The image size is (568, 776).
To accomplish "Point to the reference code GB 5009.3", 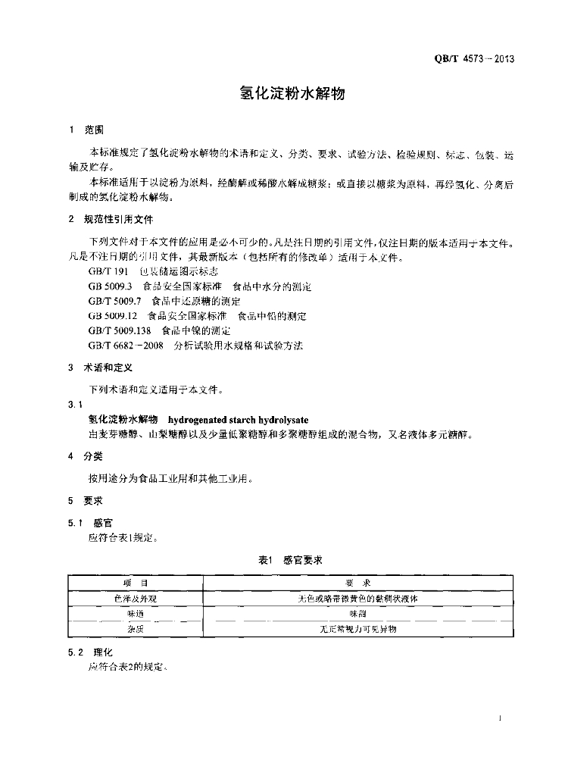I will point(110,287).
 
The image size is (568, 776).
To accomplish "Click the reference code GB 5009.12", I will point(112,316).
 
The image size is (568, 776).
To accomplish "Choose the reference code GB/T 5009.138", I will point(119,330).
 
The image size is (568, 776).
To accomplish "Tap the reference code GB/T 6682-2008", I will point(126,345).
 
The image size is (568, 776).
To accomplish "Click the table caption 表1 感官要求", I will point(291,559).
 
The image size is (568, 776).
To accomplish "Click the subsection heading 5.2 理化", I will point(90,652).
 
